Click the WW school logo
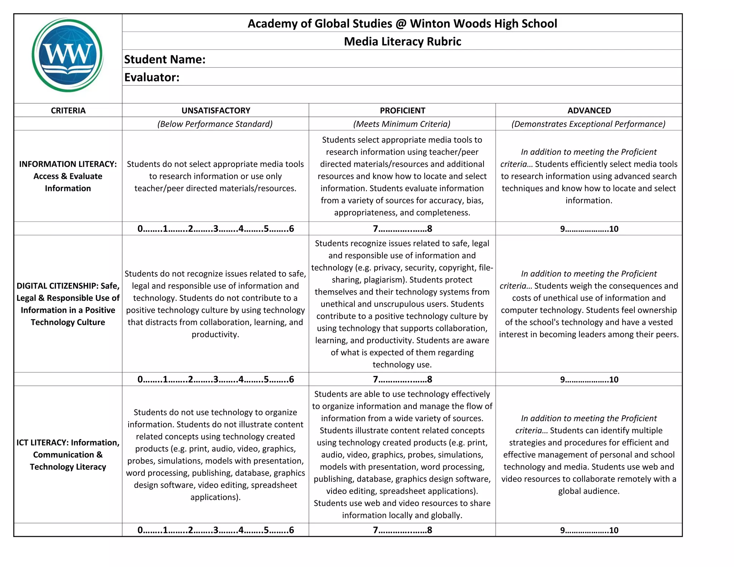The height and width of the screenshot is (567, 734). coord(68,55)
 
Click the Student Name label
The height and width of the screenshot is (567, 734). coord(165,59)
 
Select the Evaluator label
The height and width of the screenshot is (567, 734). coord(152,77)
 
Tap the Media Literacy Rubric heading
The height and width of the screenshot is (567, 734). coord(402,41)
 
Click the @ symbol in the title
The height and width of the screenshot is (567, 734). coord(401,24)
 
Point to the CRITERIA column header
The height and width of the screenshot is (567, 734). coord(68,110)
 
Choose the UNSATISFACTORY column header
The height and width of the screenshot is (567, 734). coord(215,110)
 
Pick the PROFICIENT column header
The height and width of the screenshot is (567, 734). coord(402,110)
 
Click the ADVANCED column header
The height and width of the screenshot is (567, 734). coord(589,110)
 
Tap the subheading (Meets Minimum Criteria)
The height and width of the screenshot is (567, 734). coord(402,124)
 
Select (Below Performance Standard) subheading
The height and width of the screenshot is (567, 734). coord(215,124)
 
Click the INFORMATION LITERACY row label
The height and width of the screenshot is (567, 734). coord(68,176)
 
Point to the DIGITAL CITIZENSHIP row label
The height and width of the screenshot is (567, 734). coord(68,304)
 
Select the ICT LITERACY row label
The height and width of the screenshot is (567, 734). coord(68,454)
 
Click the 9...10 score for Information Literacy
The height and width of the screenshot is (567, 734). coord(589,229)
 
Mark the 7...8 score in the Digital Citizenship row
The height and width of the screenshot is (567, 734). coord(402,379)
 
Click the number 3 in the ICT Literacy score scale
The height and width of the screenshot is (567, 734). coord(216,530)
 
